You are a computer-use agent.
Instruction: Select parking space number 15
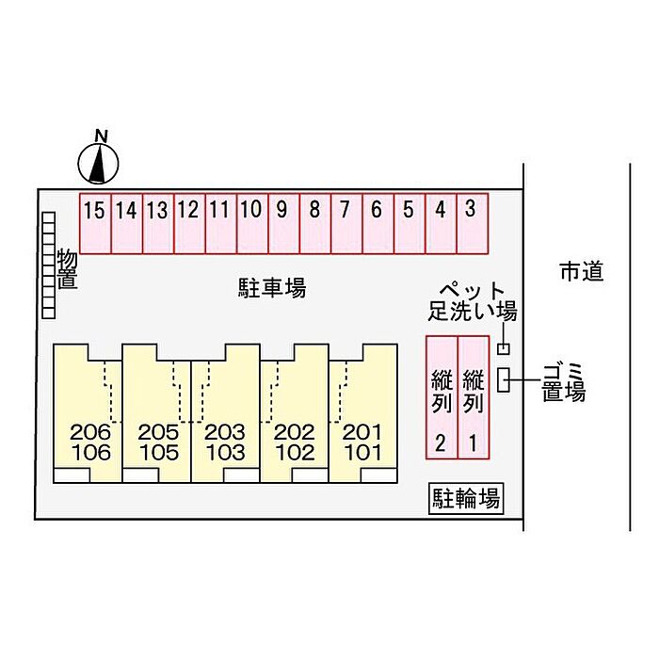(x=94, y=224)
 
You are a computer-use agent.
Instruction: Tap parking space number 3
(x=471, y=224)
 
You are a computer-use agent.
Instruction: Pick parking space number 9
(x=282, y=224)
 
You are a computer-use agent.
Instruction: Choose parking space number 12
(x=188, y=224)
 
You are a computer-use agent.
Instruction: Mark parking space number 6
(x=377, y=224)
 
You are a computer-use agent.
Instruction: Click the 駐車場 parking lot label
(x=271, y=288)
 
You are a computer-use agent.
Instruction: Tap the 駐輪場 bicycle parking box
(x=465, y=498)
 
